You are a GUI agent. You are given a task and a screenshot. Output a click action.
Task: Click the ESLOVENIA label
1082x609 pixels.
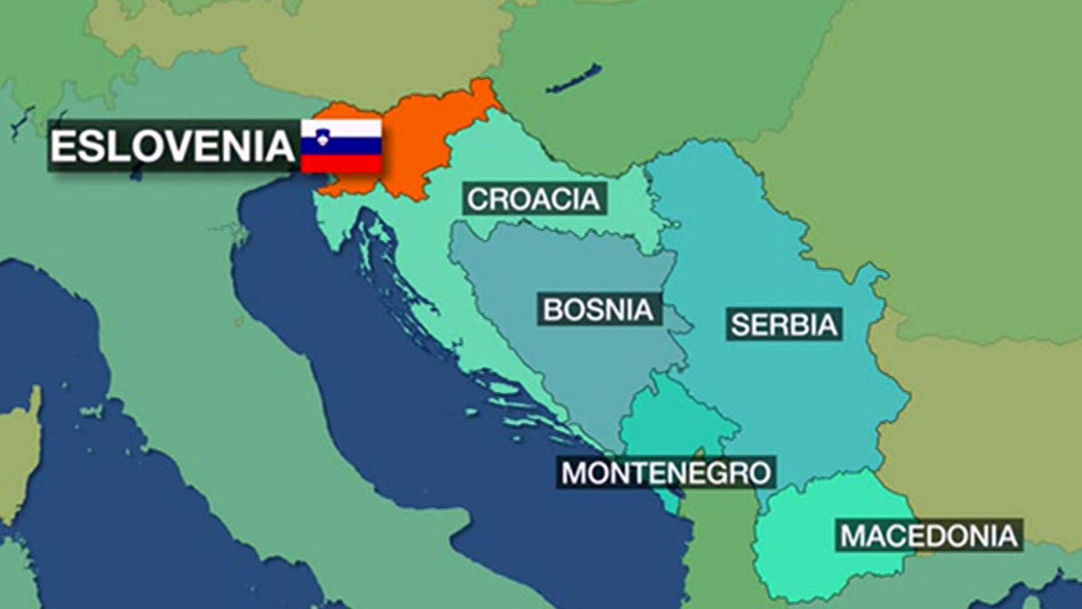click(172, 145)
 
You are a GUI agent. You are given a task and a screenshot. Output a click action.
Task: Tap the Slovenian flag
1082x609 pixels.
click(342, 145)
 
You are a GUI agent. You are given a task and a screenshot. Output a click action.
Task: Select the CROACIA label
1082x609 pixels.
click(534, 199)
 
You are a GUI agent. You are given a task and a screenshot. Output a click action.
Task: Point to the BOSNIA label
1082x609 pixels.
click(598, 309)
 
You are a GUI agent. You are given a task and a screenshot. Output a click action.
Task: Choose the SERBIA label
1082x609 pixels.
click(784, 325)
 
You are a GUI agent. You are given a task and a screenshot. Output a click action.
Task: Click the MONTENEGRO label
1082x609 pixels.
click(666, 472)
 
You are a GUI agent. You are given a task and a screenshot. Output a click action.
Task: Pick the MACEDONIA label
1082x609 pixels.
click(929, 536)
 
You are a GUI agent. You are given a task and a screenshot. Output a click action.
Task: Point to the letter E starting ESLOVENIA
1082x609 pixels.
click(62, 146)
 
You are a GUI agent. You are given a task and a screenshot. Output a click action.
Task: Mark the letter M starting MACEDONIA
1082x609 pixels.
click(854, 537)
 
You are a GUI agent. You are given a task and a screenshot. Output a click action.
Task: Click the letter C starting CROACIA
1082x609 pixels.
click(478, 200)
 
